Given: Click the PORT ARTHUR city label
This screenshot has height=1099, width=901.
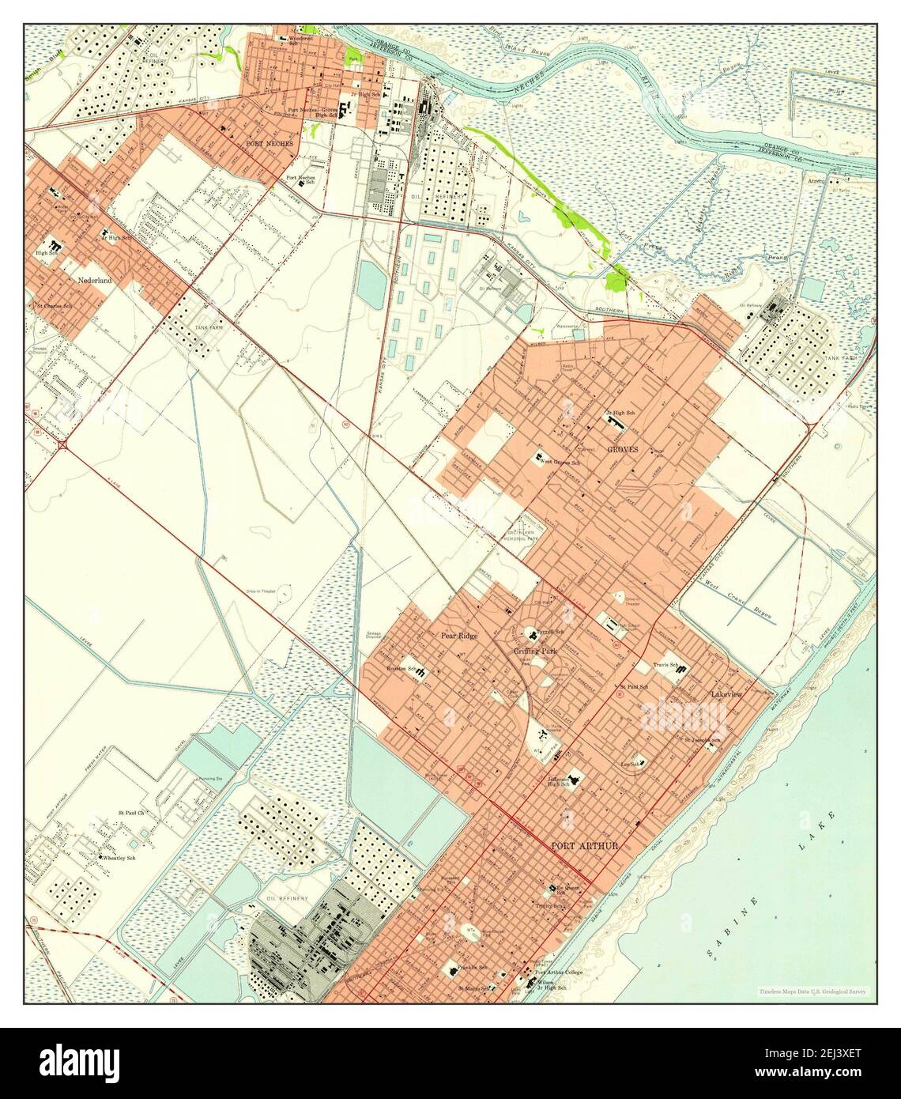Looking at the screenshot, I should point(584,845).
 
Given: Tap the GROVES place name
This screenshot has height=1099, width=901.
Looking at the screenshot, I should point(623,448).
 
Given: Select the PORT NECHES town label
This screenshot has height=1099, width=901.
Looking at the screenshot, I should point(269,144).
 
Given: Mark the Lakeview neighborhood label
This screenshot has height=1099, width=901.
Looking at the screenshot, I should point(726,693).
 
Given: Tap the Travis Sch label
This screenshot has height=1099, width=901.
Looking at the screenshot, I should point(663,665).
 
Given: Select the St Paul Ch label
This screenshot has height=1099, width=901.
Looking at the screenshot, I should point(132,812).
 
